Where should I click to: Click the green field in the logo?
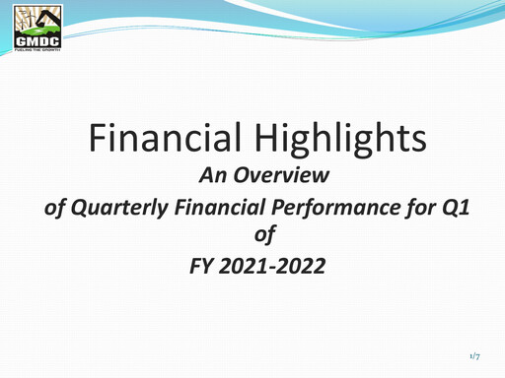pos(36,33)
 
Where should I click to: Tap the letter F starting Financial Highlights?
pos(97,140)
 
